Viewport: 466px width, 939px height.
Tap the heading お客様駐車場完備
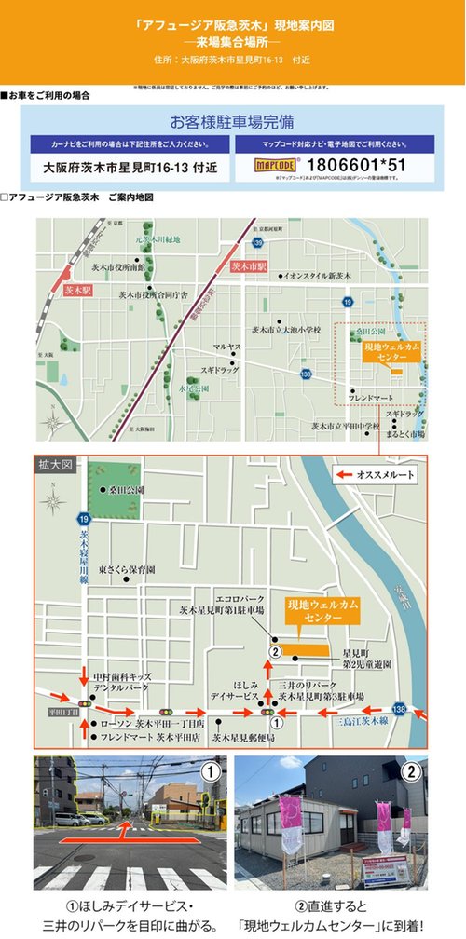(233, 122)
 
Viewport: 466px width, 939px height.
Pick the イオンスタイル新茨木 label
(318, 276)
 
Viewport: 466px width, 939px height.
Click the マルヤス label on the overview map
(227, 347)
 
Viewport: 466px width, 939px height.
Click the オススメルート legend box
(377, 475)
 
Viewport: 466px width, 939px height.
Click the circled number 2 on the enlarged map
(276, 652)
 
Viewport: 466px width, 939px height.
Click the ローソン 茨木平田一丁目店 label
(150, 723)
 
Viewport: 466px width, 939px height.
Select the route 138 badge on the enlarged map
(399, 709)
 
